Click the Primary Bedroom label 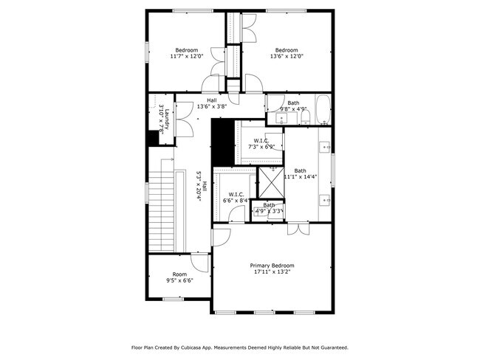(272, 266)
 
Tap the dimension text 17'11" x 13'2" (272, 273)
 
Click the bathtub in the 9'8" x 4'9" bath (323, 109)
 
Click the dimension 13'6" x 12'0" (287, 56)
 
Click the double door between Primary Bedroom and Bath (298, 230)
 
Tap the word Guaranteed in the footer (330, 347)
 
